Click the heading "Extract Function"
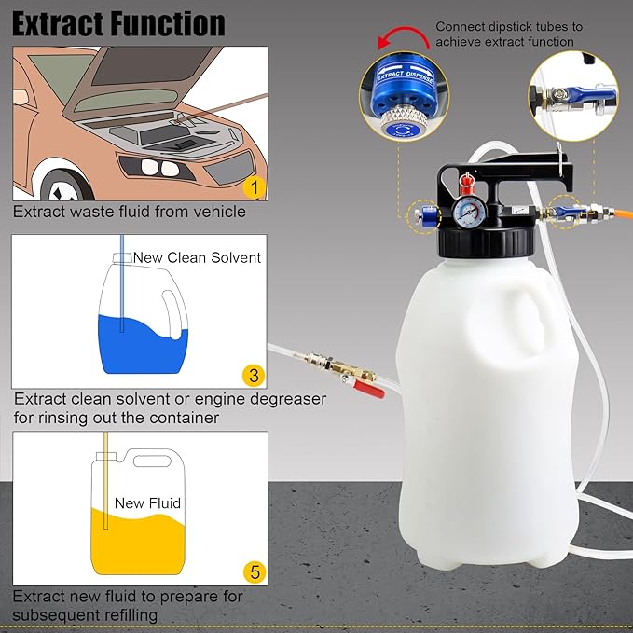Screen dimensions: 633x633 pyautogui.click(x=118, y=22)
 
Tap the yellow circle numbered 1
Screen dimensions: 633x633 pyautogui.click(x=252, y=187)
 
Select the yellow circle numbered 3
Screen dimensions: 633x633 pyautogui.click(x=252, y=375)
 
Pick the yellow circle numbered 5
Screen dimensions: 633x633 pyautogui.click(x=252, y=571)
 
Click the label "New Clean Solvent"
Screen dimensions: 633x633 pyautogui.click(x=197, y=257)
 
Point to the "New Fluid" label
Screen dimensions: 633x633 pyautogui.click(x=147, y=502)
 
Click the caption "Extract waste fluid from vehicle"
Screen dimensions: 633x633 pyautogui.click(x=130, y=212)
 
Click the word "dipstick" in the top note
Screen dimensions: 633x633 pyautogui.click(x=515, y=27)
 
